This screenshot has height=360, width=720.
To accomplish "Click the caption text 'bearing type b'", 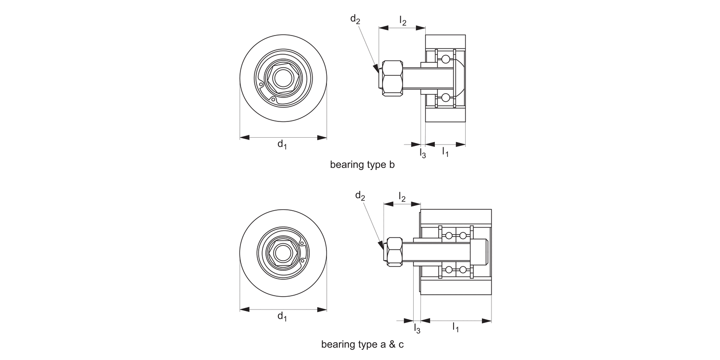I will (x=362, y=165).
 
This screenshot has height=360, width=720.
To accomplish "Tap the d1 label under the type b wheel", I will (x=282, y=144).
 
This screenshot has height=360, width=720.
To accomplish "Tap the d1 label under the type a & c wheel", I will (x=282, y=316).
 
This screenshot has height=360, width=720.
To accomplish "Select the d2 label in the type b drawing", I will (x=355, y=19).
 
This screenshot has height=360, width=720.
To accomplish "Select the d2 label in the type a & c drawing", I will (x=360, y=195).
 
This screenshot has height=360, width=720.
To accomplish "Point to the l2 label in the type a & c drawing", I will (x=402, y=196).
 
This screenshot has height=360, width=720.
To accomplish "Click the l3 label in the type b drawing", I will (x=422, y=153).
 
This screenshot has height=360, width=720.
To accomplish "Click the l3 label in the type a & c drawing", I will (x=417, y=329).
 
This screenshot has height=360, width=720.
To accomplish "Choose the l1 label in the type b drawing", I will (x=445, y=152).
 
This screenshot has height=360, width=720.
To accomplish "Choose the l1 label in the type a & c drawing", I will (x=456, y=328).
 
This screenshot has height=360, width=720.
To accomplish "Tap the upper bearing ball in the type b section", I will (x=446, y=59).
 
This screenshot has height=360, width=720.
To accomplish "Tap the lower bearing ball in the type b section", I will (x=446, y=98).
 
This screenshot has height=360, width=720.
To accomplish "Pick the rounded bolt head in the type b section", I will (x=459, y=78).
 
